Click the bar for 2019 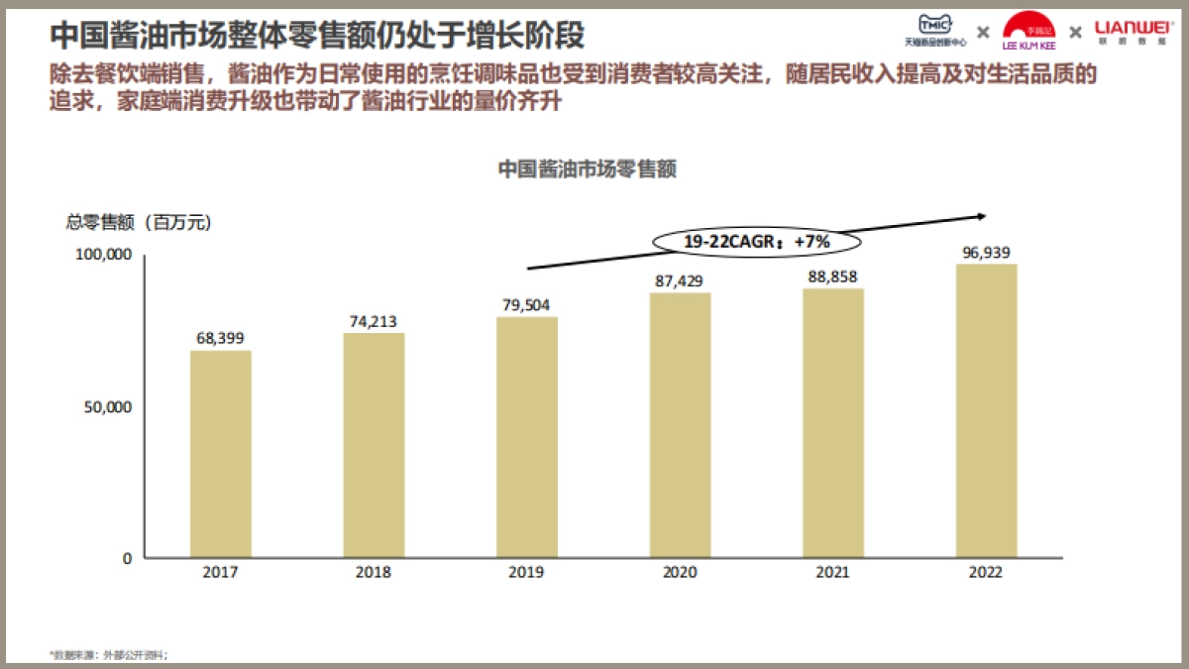point(526,437)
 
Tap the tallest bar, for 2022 point(986,410)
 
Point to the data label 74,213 point(374,321)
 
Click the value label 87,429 point(680,281)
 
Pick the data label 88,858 point(833,277)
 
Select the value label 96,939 point(986,252)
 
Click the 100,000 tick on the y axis point(104,255)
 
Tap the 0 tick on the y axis point(127,558)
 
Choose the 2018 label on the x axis point(374,573)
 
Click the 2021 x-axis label point(833,573)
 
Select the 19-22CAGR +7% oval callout point(756,241)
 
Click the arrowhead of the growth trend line point(982,215)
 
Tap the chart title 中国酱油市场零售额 point(587,169)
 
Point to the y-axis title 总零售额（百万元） point(139,223)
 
